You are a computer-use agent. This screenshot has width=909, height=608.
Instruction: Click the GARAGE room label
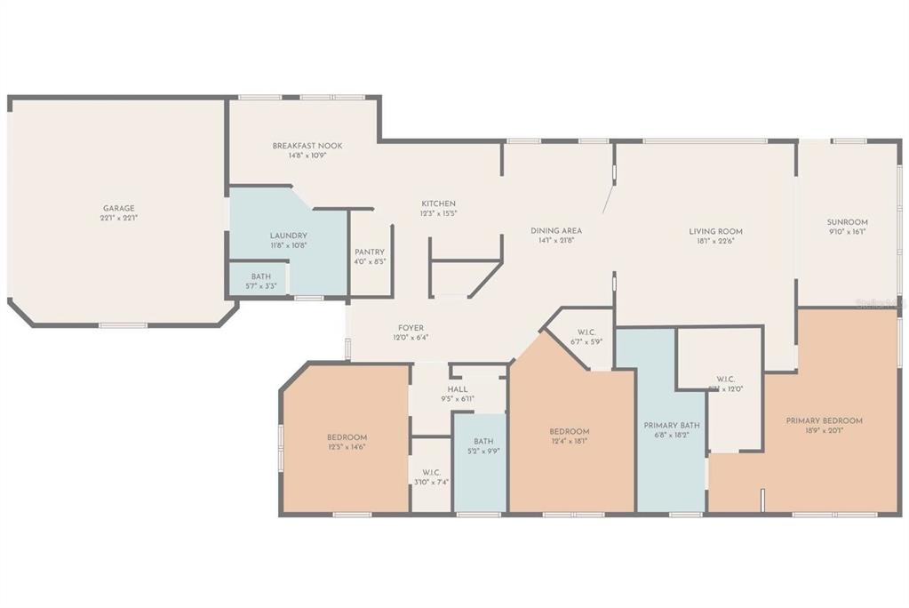click(118, 208)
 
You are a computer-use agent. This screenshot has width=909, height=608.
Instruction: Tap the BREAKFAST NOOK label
click(307, 146)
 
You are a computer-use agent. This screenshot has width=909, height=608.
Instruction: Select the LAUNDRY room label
click(288, 236)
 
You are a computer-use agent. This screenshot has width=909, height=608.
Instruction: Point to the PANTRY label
click(369, 252)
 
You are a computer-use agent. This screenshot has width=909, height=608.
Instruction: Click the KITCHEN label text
click(438, 204)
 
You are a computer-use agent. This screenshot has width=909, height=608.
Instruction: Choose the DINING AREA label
click(556, 230)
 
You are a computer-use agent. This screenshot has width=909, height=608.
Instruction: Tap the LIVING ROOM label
click(715, 231)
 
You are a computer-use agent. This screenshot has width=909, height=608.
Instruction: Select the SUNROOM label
click(847, 222)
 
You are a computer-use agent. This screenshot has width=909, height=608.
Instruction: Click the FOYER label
click(411, 328)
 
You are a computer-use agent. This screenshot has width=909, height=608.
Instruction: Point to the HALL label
click(458, 389)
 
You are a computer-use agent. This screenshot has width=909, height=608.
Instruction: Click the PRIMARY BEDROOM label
click(824, 421)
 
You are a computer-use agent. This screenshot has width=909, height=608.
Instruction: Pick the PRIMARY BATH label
click(672, 425)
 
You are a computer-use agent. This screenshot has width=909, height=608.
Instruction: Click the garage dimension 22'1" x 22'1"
click(118, 218)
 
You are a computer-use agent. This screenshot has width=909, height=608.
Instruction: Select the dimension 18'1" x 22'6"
click(715, 241)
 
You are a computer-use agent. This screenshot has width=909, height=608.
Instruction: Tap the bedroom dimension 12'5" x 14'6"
click(347, 447)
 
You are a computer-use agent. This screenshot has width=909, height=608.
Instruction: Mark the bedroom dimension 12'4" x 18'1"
click(570, 441)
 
